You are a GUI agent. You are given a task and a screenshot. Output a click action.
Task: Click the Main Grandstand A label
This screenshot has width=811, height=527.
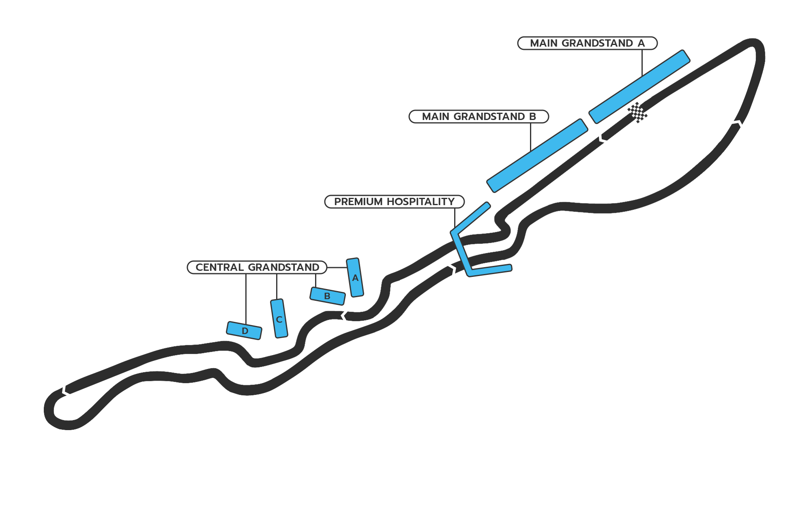click(587, 43)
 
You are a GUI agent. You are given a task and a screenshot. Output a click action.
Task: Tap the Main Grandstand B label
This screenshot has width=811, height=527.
click(478, 116)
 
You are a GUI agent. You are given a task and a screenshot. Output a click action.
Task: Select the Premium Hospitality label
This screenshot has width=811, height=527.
click(394, 201)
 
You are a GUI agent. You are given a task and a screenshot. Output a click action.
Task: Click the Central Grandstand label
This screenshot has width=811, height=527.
click(257, 268)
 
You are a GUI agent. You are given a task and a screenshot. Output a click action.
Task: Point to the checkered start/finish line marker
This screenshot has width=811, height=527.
click(637, 112)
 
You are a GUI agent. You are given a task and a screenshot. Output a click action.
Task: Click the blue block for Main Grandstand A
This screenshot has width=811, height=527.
click(639, 86)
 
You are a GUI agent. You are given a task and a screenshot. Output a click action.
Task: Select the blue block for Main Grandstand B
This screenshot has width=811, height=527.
click(537, 156)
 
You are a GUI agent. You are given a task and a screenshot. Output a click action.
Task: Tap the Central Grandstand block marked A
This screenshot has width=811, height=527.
click(355, 278)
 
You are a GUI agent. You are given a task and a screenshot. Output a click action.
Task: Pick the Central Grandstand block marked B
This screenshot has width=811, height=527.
click(327, 296)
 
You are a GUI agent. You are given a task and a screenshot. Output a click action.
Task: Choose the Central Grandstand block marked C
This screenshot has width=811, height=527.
click(279, 319)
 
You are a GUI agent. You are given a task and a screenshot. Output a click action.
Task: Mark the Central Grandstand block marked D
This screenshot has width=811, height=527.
click(244, 330)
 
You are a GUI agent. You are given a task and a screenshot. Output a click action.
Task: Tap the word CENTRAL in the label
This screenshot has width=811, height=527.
click(220, 268)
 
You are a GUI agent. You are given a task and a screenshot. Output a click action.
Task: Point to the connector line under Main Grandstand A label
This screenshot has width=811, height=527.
click(642, 62)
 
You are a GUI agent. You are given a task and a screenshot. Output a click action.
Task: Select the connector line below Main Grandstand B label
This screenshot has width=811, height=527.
click(530, 137)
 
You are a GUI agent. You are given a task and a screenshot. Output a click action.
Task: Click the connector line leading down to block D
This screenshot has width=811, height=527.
click(246, 299)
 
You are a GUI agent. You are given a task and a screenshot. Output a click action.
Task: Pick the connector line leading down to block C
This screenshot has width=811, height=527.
click(277, 287)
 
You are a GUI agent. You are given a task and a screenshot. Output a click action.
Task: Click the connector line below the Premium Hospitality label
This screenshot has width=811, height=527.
click(455, 218)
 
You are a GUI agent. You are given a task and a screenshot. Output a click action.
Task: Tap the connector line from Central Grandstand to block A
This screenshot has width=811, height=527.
click(337, 268)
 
